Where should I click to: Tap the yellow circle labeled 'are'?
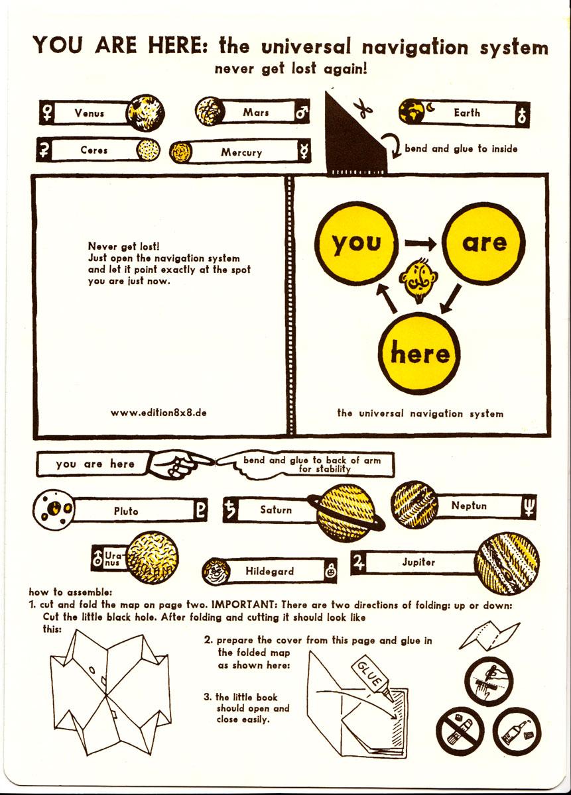[x=484, y=243]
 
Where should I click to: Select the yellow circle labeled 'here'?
[x=419, y=352]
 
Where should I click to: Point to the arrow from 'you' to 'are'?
[x=420, y=244]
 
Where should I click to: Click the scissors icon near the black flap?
[x=363, y=109]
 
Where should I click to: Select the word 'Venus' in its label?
[x=90, y=113]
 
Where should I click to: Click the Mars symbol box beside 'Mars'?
[x=302, y=113]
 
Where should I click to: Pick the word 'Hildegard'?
[x=270, y=571]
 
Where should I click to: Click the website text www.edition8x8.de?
[x=159, y=412]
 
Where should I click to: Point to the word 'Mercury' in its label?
[x=241, y=152]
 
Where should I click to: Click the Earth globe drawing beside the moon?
[x=411, y=111]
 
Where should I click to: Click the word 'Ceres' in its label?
[x=94, y=150]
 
